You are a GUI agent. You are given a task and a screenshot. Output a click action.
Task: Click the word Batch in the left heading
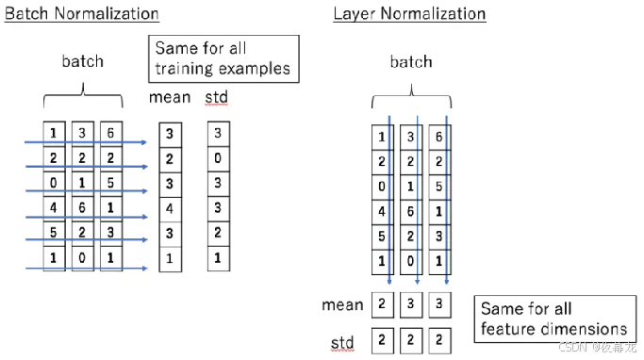tap(26, 14)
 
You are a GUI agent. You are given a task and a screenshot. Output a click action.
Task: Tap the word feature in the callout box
tap(511, 329)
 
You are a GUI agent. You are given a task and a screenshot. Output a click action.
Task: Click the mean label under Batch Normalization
tap(170, 97)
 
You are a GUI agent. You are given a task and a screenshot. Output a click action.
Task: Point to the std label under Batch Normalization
tap(217, 97)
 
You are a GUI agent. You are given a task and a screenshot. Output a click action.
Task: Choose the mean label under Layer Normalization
tap(341, 304)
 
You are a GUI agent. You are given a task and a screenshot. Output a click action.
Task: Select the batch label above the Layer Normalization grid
tap(410, 62)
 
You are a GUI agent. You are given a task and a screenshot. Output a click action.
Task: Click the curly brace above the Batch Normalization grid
tap(83, 94)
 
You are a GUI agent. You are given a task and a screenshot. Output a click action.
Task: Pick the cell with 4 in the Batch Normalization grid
tap(55, 205)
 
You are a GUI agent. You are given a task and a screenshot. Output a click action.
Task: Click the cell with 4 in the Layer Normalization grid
tap(381, 212)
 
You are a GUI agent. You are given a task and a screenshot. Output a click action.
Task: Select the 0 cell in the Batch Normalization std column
tap(218, 157)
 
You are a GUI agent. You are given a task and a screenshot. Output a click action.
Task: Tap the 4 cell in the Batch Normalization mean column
tap(170, 206)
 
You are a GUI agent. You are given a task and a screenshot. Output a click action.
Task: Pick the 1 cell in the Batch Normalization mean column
tap(170, 256)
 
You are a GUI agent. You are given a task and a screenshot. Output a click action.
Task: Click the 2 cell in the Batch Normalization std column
tap(218, 232)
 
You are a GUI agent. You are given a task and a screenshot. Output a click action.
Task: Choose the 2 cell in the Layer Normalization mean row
tap(381, 305)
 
